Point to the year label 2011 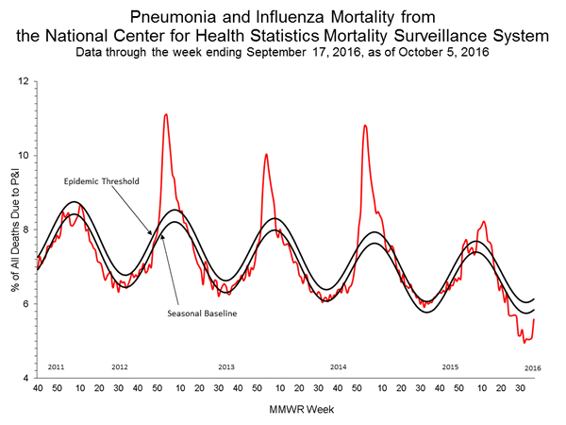pos(56,365)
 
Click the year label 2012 pos(120,365)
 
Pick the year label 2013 pos(226,365)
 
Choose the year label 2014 pos(338,365)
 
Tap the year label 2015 pos(449,365)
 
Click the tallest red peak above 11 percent pos(166,114)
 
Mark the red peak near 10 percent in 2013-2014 pos(266,154)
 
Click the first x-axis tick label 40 pos(38,387)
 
